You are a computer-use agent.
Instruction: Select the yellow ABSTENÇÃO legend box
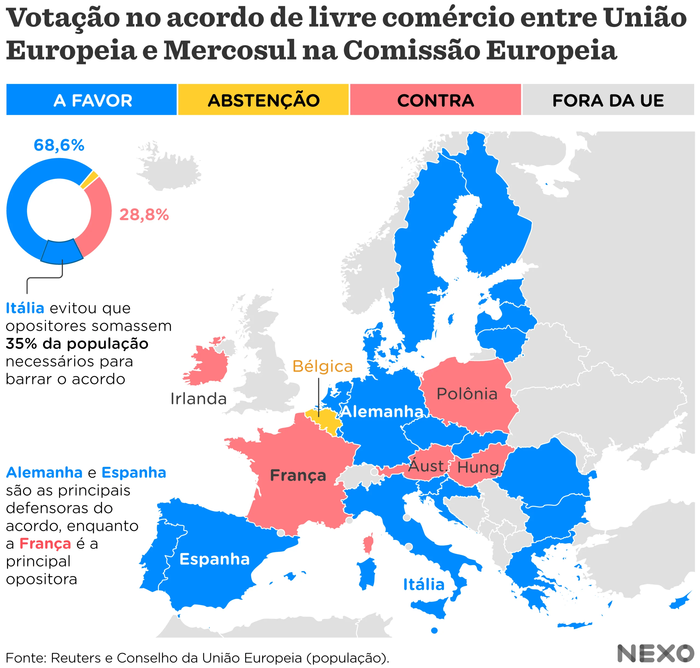[263, 100]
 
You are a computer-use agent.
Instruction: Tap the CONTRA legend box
[435, 100]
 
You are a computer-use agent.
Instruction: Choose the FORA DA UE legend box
[608, 100]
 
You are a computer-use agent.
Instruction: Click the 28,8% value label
[144, 215]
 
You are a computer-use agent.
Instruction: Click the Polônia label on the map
[467, 394]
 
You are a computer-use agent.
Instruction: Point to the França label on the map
[298, 475]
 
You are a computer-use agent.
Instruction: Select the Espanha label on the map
[214, 559]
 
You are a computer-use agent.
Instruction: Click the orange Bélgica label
[322, 366]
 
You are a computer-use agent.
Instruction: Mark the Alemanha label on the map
[382, 412]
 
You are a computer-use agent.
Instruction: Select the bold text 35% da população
[77, 344]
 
